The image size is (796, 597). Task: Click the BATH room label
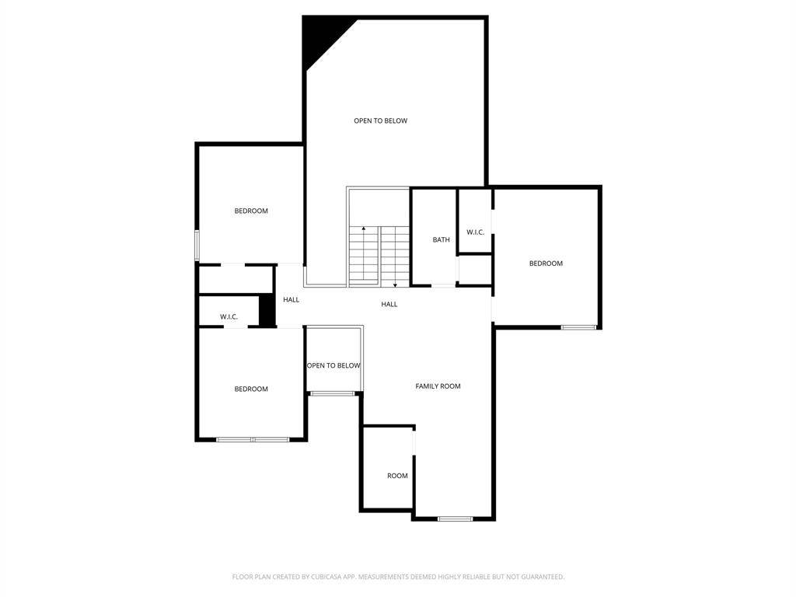pyautogui.click(x=441, y=239)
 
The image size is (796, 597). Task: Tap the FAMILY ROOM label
pyautogui.click(x=438, y=386)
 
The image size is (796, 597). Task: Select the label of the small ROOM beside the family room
pyautogui.click(x=397, y=476)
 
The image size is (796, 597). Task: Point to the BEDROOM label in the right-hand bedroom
pyautogui.click(x=546, y=264)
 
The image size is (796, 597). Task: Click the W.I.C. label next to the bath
pyautogui.click(x=475, y=232)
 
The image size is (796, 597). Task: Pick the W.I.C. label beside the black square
pyautogui.click(x=229, y=317)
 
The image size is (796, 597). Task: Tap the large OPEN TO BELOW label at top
pyautogui.click(x=380, y=120)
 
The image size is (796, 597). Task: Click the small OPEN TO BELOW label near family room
pyautogui.click(x=333, y=365)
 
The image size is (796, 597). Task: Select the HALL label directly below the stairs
pyautogui.click(x=389, y=304)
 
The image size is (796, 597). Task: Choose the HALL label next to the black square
pyautogui.click(x=291, y=299)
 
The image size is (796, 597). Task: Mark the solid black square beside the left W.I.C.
pyautogui.click(x=267, y=309)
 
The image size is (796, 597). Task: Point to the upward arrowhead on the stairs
pyautogui.click(x=364, y=229)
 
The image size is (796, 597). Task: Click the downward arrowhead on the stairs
pyautogui.click(x=395, y=285)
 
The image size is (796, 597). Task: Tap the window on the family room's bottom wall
pyautogui.click(x=455, y=518)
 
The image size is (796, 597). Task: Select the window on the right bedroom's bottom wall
pyautogui.click(x=578, y=327)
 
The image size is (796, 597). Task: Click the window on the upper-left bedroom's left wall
pyautogui.click(x=197, y=246)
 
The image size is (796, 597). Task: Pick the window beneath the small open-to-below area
pyautogui.click(x=333, y=393)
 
